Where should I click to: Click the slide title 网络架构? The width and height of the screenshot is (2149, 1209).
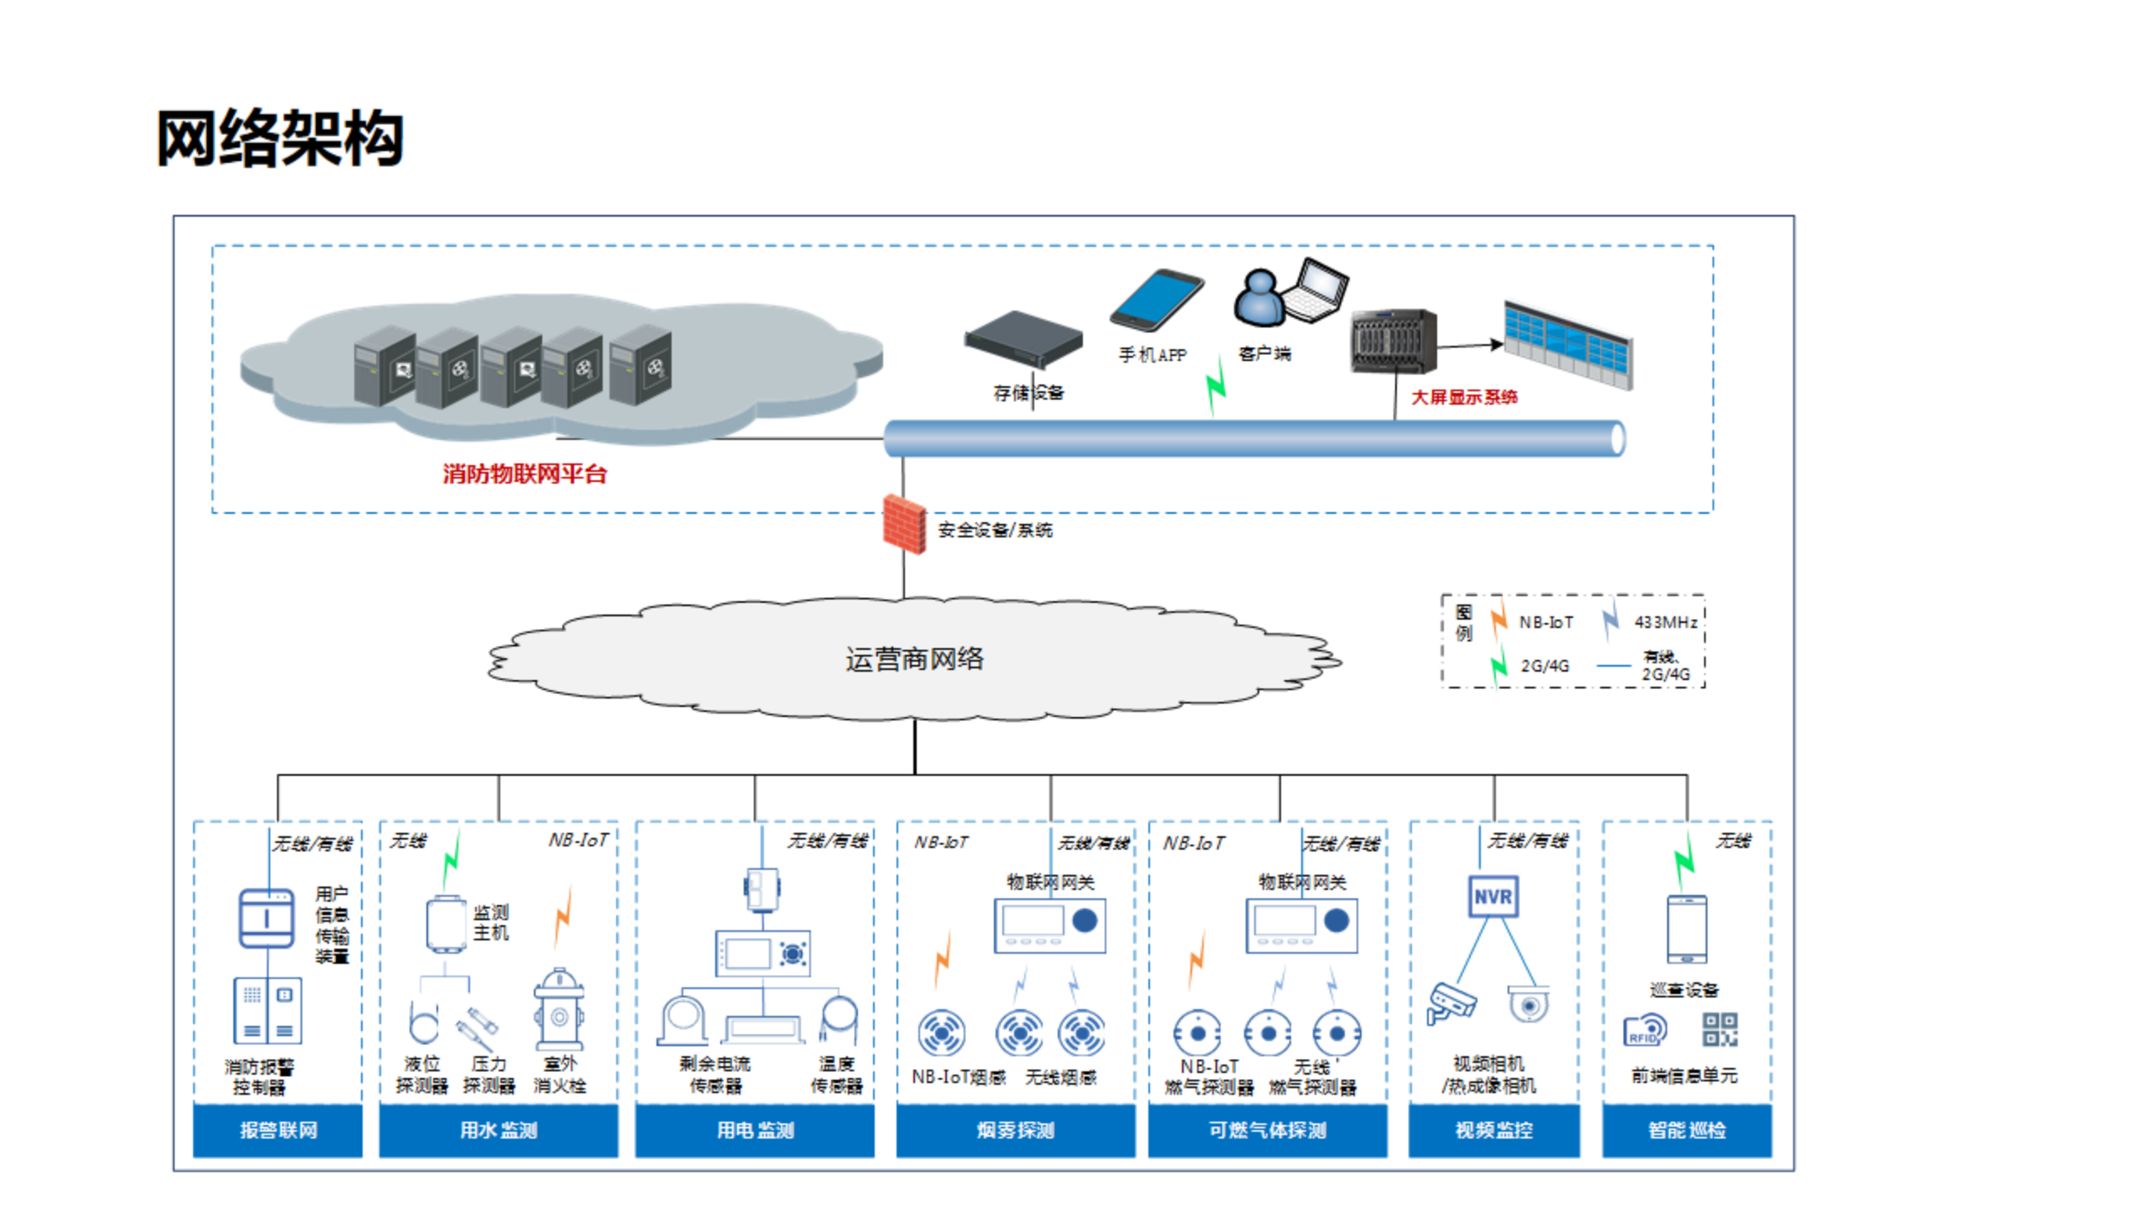(x=280, y=139)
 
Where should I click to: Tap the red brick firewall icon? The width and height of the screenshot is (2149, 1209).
(x=904, y=525)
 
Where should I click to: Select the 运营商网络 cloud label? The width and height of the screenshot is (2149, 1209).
(x=914, y=659)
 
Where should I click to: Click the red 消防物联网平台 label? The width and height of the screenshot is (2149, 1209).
(x=525, y=474)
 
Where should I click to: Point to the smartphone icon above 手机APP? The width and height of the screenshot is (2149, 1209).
(x=1156, y=300)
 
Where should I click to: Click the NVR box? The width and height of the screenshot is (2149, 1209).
(x=1493, y=897)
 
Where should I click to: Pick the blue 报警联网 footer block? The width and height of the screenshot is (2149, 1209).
(x=278, y=1130)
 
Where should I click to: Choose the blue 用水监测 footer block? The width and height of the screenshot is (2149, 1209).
(x=499, y=1130)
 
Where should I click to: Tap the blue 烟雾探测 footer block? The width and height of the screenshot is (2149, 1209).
(x=1015, y=1130)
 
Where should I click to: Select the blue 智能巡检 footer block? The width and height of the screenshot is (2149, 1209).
(x=1686, y=1130)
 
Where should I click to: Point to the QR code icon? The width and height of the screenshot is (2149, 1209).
(x=1719, y=1029)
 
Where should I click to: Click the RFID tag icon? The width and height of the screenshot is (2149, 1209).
(x=1644, y=1031)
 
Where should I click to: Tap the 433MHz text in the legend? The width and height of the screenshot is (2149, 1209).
(x=1665, y=622)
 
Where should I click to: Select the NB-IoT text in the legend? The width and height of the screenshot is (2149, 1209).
(x=1545, y=622)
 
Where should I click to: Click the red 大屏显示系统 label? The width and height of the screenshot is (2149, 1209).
(x=1464, y=397)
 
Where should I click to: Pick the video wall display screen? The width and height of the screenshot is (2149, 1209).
(x=1568, y=344)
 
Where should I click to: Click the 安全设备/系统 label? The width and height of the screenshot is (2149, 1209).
(x=995, y=530)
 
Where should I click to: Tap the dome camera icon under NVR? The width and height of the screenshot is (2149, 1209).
(x=1529, y=1004)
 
